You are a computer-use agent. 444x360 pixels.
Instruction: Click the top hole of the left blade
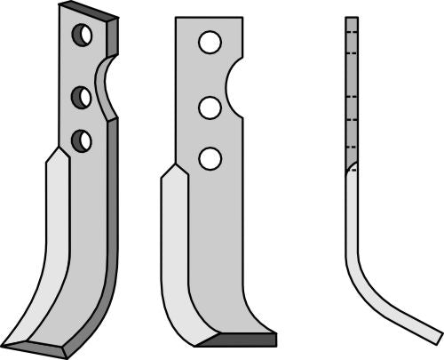pos(82,36)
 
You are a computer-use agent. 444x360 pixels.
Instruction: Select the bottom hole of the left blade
pos(82,140)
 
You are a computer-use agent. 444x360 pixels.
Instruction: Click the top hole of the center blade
pos(210,42)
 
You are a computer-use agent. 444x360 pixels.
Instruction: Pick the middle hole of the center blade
pos(210,108)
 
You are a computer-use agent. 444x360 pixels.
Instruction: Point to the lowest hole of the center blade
pos(210,158)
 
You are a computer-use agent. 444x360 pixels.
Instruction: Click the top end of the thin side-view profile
pos(351,20)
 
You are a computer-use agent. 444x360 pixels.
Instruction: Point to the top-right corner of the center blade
pos(242,19)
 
